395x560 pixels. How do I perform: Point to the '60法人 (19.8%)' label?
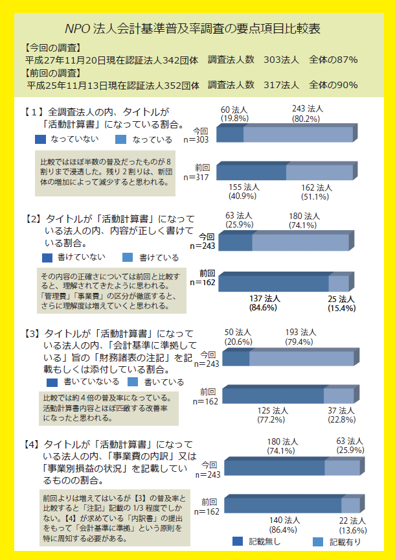point(234,113)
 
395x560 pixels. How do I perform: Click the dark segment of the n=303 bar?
point(230,134)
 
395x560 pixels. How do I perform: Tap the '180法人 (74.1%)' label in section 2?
point(304,221)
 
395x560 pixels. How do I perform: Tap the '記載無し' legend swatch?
point(238,542)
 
